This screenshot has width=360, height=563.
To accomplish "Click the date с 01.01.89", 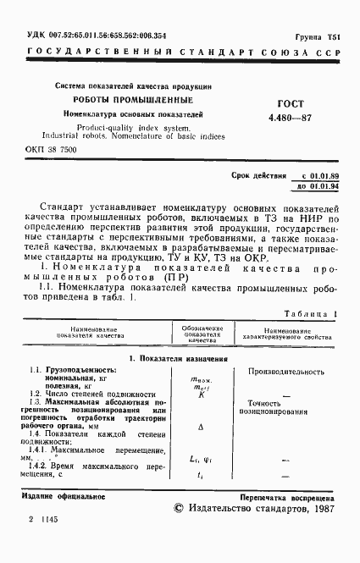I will [x=314, y=175].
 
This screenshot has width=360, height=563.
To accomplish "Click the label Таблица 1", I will [x=310, y=313].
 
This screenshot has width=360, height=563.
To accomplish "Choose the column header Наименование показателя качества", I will [x=99, y=333].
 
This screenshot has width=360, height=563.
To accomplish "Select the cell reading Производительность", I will [x=291, y=372].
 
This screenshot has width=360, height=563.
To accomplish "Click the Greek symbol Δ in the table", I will [x=201, y=428].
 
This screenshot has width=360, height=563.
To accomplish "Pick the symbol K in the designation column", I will [x=202, y=395].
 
